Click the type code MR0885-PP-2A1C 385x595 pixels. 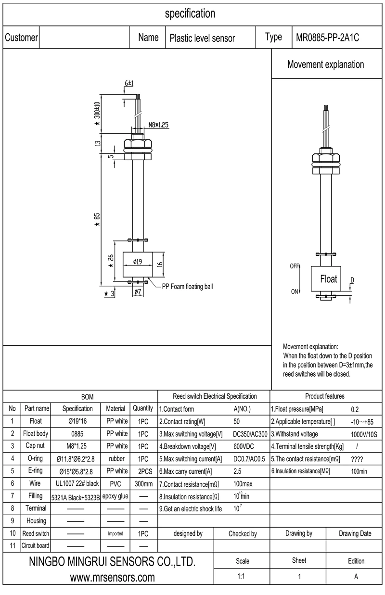click(x=328, y=38)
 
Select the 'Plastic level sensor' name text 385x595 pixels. click(x=202, y=38)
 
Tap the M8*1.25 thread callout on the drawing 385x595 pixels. click(x=158, y=125)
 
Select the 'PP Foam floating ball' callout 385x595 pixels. click(x=187, y=286)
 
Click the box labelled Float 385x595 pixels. click(x=329, y=279)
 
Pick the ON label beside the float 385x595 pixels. click(x=295, y=291)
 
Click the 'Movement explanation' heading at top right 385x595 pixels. click(x=325, y=64)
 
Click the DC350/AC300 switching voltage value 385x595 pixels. click(x=249, y=433)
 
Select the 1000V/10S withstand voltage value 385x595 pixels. click(x=363, y=434)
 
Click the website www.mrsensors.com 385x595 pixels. click(x=112, y=577)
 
